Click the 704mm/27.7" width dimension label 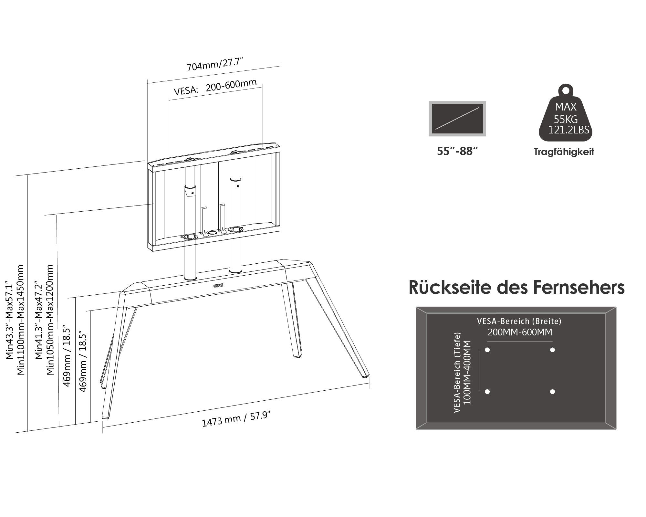(x=214, y=64)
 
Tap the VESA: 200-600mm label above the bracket (x=215, y=87)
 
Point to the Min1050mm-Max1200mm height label (x=50, y=320)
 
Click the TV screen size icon (x=457, y=119)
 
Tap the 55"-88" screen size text (x=457, y=151)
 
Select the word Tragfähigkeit (x=564, y=152)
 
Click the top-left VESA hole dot (x=487, y=350)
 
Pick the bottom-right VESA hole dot (x=552, y=392)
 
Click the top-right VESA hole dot (x=552, y=350)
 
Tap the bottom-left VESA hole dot (x=487, y=392)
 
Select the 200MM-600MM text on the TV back (x=520, y=332)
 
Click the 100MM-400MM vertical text (x=467, y=372)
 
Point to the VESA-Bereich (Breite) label (x=519, y=321)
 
